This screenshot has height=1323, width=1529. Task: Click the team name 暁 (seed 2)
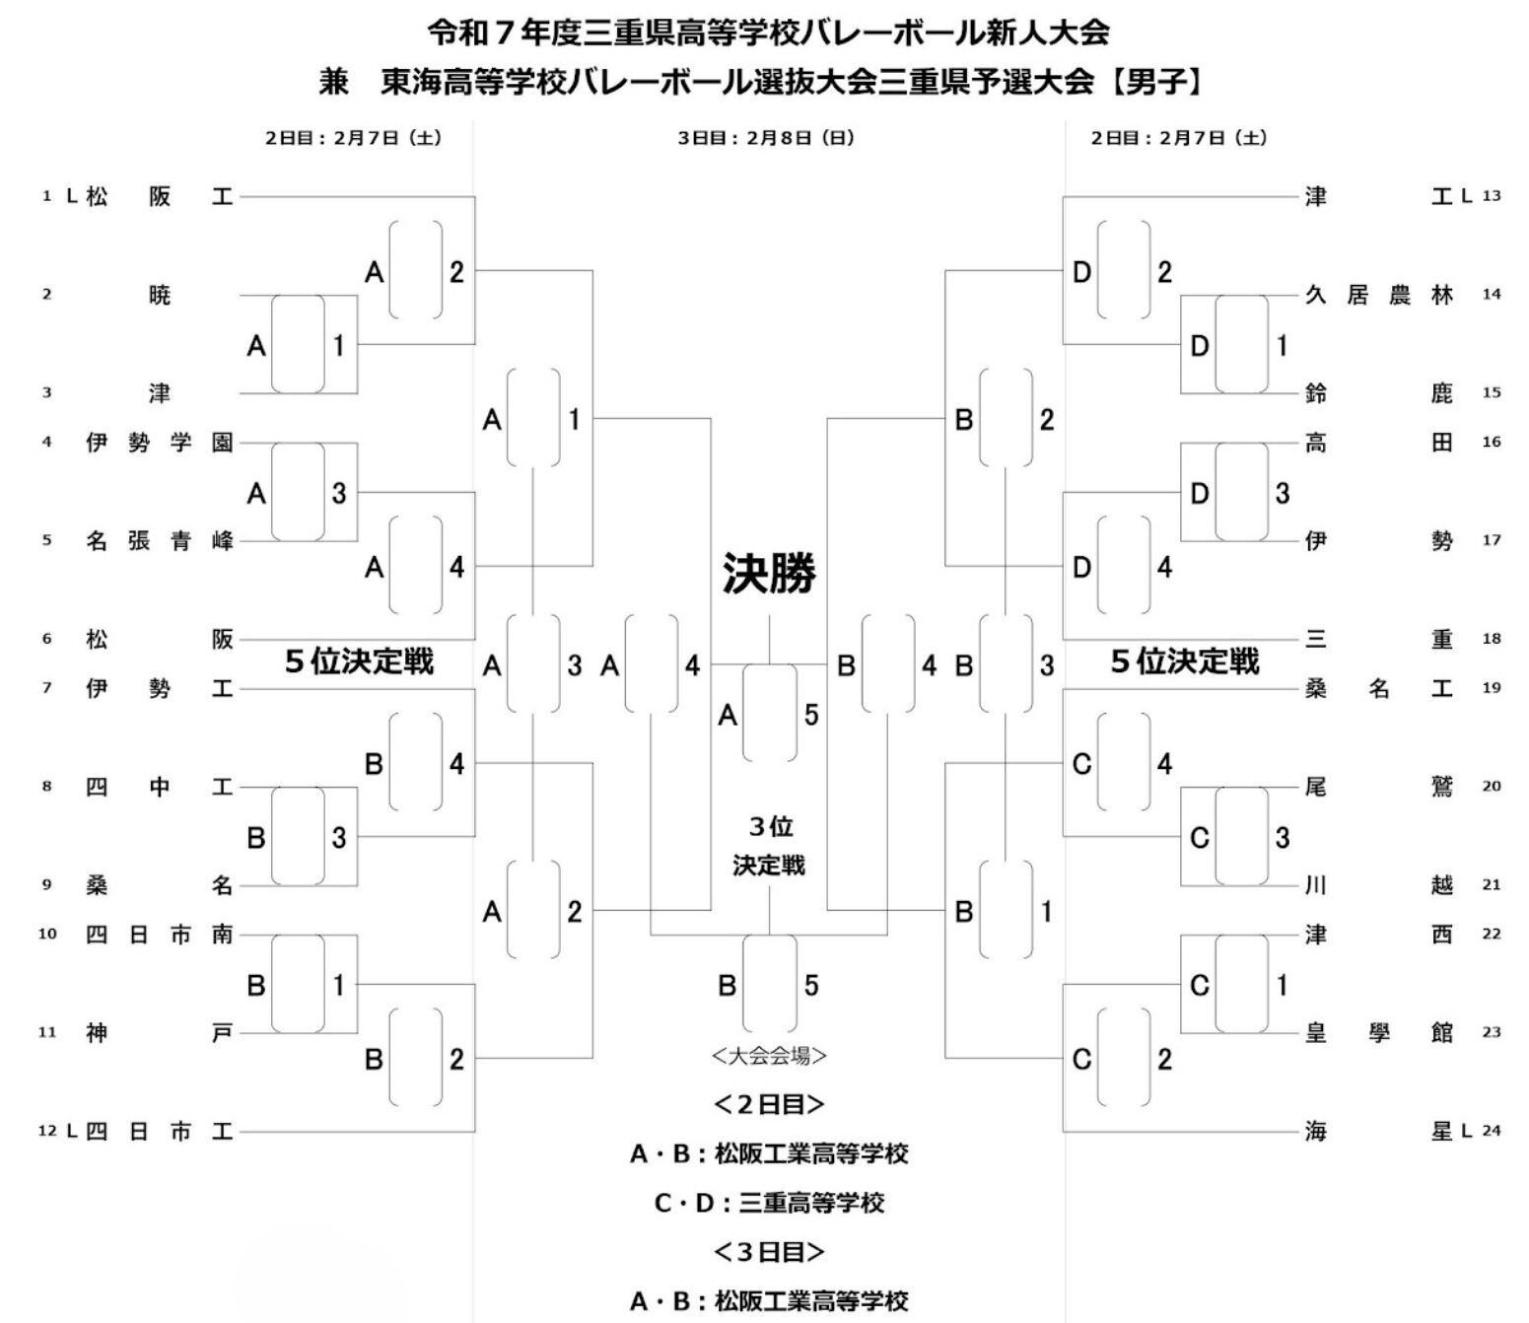tap(160, 295)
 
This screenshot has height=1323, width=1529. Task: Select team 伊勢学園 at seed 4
tap(159, 443)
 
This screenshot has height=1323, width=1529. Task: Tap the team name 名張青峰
tap(159, 541)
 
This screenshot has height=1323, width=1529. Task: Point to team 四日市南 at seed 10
tap(159, 935)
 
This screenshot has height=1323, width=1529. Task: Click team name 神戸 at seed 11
tap(159, 1033)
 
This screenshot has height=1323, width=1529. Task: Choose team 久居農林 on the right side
tap(1378, 295)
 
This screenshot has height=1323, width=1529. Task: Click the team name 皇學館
tap(1378, 1033)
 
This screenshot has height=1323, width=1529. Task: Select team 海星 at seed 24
tap(1378, 1132)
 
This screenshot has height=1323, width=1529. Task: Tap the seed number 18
tap(1491, 639)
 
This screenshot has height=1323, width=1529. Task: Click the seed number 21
tap(1491, 885)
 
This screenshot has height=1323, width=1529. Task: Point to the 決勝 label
tap(769, 573)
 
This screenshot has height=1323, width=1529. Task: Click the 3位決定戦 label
tap(769, 846)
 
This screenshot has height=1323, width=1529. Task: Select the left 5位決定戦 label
tap(359, 661)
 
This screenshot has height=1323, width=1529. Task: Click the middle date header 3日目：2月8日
tap(765, 139)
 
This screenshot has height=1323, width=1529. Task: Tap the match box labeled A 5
tap(770, 714)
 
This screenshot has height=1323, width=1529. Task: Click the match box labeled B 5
tap(770, 984)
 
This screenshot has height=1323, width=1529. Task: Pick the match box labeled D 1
tap(1241, 344)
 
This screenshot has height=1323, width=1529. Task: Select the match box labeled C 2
tap(1124, 1059)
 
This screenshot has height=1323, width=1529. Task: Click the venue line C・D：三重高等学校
tap(769, 1203)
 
